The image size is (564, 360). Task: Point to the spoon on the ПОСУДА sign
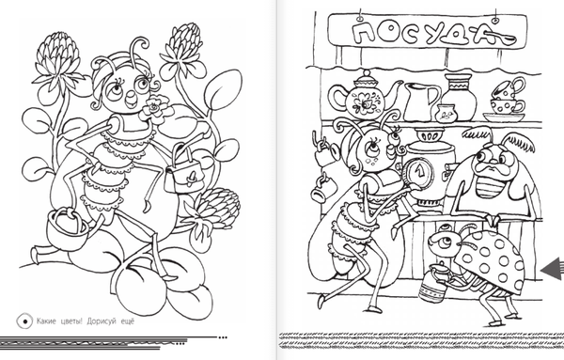pyautogui.click(x=501, y=37)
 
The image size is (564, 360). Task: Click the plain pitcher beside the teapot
pyautogui.click(x=421, y=102)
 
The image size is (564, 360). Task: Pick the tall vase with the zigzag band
pyautogui.click(x=459, y=97)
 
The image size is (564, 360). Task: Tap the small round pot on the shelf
pyautogui.click(x=445, y=114)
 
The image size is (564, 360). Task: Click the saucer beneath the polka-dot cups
pyautogui.click(x=504, y=117)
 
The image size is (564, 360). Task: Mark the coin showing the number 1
pyautogui.click(x=419, y=173)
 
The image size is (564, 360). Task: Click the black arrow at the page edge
pyautogui.click(x=552, y=269)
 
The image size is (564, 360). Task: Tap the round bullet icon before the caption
pyautogui.click(x=24, y=321)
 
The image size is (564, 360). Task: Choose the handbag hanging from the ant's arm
pyautogui.click(x=183, y=173)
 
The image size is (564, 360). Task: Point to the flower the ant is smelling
pyautogui.click(x=155, y=107)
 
